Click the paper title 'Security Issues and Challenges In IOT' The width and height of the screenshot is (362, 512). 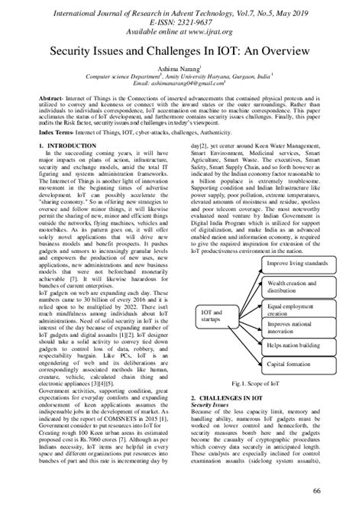[181, 55]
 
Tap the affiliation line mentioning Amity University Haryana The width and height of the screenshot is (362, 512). [181, 76]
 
